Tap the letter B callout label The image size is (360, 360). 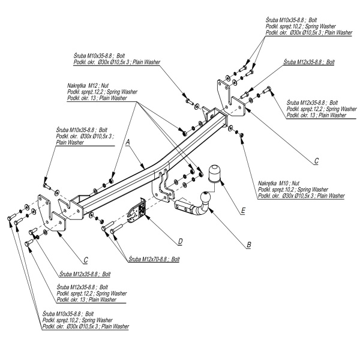(x=248, y=245)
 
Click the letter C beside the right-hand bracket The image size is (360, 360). (x=316, y=161)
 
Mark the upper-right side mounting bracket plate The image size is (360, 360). (x=225, y=96)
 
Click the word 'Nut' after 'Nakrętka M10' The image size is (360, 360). (x=295, y=182)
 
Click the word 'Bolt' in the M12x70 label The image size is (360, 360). (x=175, y=260)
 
